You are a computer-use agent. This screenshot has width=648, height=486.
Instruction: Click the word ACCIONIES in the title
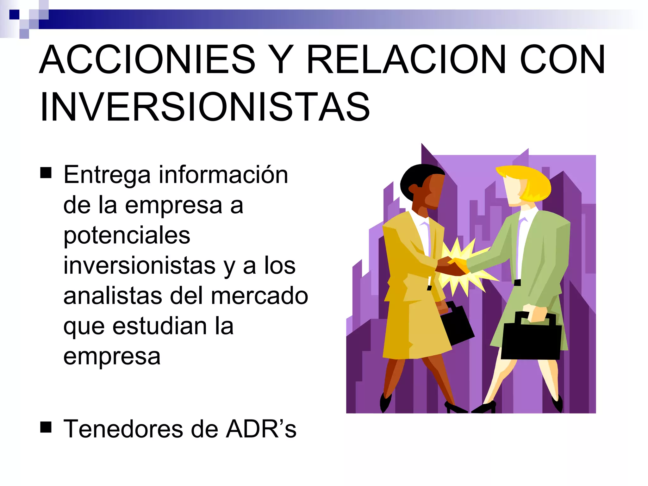[147, 59]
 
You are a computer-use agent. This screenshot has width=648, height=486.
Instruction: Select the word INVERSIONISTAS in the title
[205, 107]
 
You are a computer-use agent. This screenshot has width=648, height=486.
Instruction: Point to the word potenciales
[127, 236]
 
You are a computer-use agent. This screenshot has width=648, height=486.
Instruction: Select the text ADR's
[261, 429]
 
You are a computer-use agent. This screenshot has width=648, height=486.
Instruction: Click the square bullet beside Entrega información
[46, 173]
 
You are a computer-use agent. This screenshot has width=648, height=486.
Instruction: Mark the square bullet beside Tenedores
[46, 427]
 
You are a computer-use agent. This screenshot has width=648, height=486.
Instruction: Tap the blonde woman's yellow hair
[532, 182]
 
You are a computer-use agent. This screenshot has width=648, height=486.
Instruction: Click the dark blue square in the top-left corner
[14, 15]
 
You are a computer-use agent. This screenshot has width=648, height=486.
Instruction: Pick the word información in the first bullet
[223, 175]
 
